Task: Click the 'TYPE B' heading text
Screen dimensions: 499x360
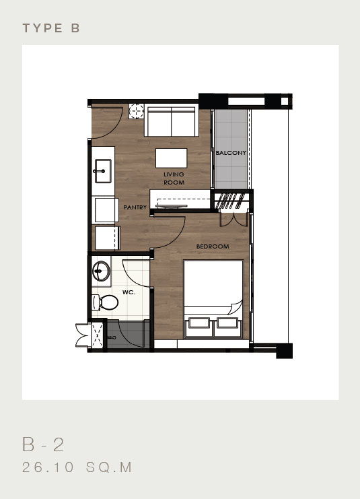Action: (51, 28)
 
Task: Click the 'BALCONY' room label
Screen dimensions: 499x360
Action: (230, 154)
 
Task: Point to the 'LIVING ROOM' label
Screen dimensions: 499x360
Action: (174, 178)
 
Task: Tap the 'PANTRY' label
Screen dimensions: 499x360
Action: (135, 207)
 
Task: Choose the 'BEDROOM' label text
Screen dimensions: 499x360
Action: (213, 246)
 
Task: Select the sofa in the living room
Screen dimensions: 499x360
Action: (172, 122)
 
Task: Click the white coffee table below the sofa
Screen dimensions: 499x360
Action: (172, 158)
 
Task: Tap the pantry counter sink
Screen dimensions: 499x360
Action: (102, 170)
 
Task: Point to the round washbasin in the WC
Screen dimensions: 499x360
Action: (102, 272)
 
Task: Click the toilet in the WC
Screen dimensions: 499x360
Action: (100, 302)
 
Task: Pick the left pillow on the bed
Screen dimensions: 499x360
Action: (199, 324)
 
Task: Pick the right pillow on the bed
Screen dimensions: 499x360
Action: (226, 324)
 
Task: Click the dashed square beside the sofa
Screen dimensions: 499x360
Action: (137, 110)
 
